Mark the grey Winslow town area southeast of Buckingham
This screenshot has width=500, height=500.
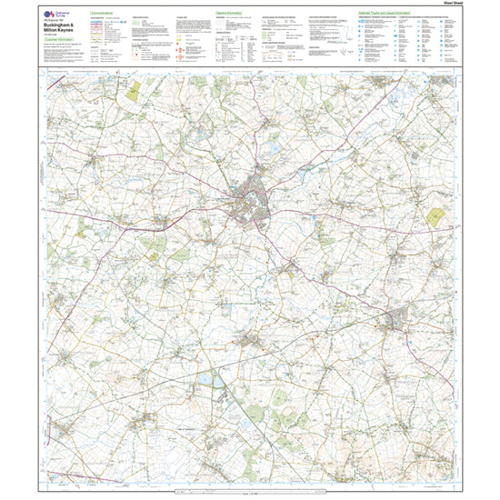pyautogui.click(x=400, y=320)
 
